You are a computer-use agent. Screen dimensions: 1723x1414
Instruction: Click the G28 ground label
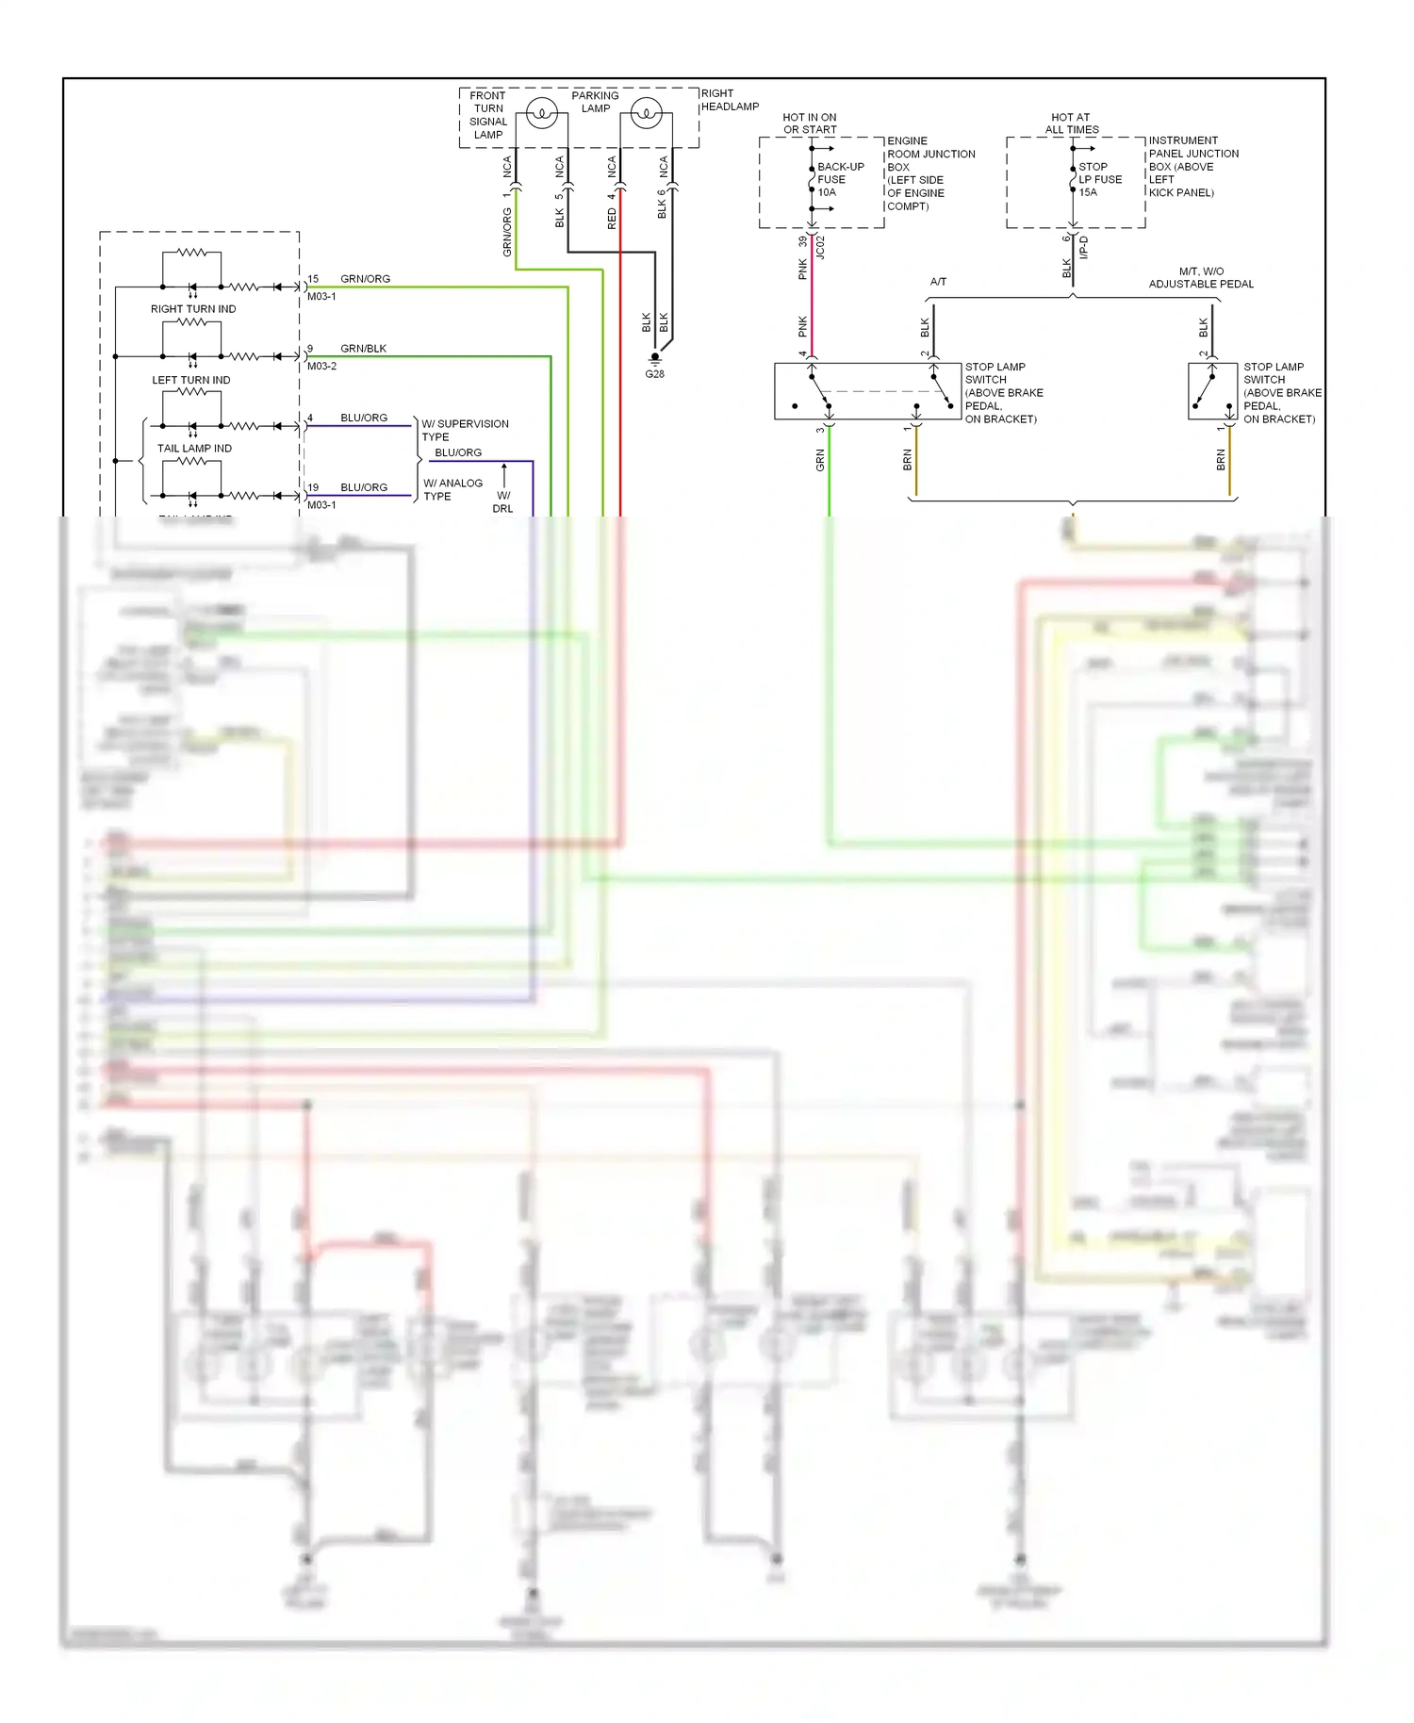pos(654,374)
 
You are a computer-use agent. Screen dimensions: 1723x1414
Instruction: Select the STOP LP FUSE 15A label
pos(1099,179)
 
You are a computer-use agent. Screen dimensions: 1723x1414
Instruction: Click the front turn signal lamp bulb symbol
pos(541,114)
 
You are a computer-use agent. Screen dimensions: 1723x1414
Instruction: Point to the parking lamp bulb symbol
pos(646,114)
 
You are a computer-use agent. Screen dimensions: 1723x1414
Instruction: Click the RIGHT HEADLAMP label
pos(729,100)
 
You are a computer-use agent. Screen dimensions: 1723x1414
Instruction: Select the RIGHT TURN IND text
pos(193,309)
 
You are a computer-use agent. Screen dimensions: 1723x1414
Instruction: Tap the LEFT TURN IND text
pos(191,380)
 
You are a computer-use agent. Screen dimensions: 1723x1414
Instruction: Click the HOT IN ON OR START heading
pos(809,123)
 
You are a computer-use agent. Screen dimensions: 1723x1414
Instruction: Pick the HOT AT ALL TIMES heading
pos(1071,123)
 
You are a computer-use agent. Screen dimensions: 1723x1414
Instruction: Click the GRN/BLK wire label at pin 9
pos(363,349)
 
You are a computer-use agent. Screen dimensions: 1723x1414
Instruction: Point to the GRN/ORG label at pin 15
pos(365,279)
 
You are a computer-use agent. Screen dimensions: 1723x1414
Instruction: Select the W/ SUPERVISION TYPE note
pos(464,430)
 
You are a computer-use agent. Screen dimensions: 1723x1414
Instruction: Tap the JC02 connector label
pos(820,248)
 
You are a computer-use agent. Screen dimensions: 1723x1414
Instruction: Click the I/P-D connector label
pos(1083,248)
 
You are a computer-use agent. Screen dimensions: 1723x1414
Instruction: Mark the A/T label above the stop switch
pos(938,282)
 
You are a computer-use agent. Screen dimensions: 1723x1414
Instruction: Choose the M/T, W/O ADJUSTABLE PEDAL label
pos(1201,277)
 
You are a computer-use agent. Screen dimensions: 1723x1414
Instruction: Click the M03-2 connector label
pos(321,366)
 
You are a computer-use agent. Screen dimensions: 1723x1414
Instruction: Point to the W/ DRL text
pos(503,501)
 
